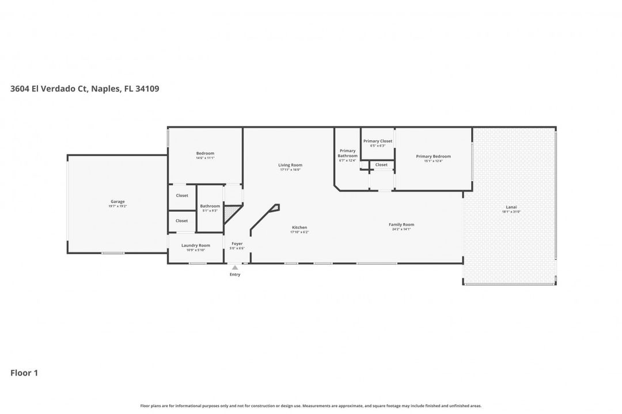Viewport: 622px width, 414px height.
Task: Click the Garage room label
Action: [x=117, y=201]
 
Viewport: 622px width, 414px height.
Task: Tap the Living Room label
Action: [x=290, y=165]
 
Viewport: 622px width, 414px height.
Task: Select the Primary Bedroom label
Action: [x=433, y=156]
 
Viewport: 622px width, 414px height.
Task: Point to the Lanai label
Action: [x=511, y=207]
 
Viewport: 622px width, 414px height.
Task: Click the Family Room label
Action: [x=401, y=224]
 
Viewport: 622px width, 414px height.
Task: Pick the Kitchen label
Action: [x=299, y=228]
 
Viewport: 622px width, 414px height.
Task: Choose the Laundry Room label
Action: [x=196, y=246]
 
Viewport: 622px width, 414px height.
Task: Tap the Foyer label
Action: [x=237, y=244]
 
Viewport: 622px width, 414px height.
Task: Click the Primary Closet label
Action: [x=378, y=141]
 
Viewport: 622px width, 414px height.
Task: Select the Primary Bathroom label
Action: [x=347, y=154]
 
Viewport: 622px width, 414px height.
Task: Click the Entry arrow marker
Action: [x=234, y=267]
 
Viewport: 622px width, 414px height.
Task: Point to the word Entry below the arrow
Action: [x=235, y=274]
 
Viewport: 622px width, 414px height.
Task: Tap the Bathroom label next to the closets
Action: [x=210, y=206]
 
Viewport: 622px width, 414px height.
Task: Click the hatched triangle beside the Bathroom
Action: [x=230, y=214]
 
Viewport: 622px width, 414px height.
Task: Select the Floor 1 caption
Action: [x=24, y=373]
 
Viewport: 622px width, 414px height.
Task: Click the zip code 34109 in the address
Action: [x=146, y=89]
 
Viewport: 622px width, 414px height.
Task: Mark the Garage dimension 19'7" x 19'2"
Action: [x=117, y=206]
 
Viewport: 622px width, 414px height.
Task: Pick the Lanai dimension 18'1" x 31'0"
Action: [x=511, y=212]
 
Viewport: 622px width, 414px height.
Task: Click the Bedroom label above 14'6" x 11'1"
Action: [x=205, y=153]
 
